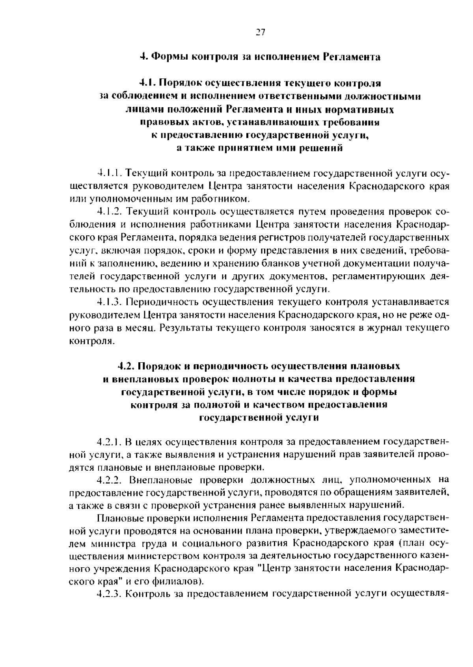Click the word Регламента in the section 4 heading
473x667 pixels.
352,57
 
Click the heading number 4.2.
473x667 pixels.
126,366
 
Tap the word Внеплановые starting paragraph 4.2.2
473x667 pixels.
158,480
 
